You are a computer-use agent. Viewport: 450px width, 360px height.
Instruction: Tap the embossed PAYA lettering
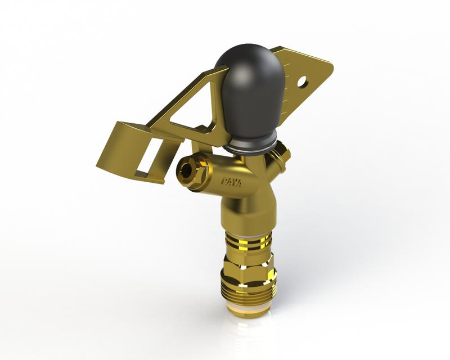231,184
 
